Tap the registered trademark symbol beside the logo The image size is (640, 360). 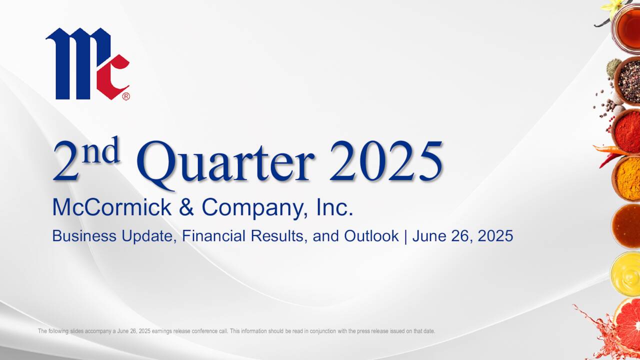[x=126, y=96]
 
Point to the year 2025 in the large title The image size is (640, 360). [x=385, y=161]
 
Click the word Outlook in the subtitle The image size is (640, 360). [x=371, y=235]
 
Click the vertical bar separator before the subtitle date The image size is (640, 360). [x=405, y=235]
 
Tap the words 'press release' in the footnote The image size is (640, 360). [x=369, y=331]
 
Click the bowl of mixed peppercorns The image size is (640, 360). [x=628, y=80]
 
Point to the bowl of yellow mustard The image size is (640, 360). [x=626, y=273]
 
